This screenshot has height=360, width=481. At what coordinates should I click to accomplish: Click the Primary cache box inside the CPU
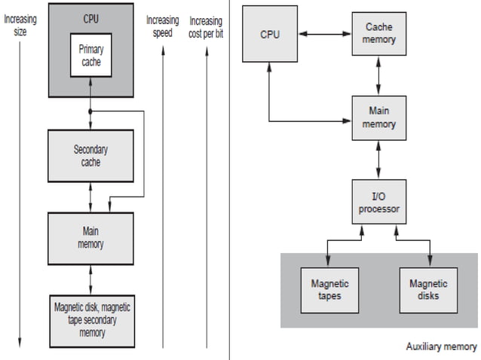90,54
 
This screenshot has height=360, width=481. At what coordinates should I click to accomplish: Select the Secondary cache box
90,155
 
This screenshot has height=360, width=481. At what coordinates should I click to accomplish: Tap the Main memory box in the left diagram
90,237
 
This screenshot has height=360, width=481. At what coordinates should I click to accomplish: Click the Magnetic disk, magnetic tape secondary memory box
90,319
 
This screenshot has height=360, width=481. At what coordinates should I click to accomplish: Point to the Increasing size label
26,26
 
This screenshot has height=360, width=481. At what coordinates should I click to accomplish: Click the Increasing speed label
162,26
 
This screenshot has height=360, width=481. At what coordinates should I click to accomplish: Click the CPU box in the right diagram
269,35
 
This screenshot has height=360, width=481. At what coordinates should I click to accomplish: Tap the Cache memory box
379,32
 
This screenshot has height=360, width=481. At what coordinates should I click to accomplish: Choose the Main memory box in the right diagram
379,117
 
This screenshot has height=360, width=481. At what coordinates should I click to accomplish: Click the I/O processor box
379,202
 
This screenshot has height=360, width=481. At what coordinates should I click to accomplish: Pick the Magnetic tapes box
329,289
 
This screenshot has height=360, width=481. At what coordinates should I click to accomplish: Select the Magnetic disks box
428,289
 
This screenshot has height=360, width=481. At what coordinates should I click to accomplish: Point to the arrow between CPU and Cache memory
324,33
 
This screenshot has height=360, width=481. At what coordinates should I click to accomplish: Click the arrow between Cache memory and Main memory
379,75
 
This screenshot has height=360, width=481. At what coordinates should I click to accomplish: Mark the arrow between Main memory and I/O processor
379,159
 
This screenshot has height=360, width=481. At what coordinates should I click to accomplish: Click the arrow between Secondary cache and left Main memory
90,197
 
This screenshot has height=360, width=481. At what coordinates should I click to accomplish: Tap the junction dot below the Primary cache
90,111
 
